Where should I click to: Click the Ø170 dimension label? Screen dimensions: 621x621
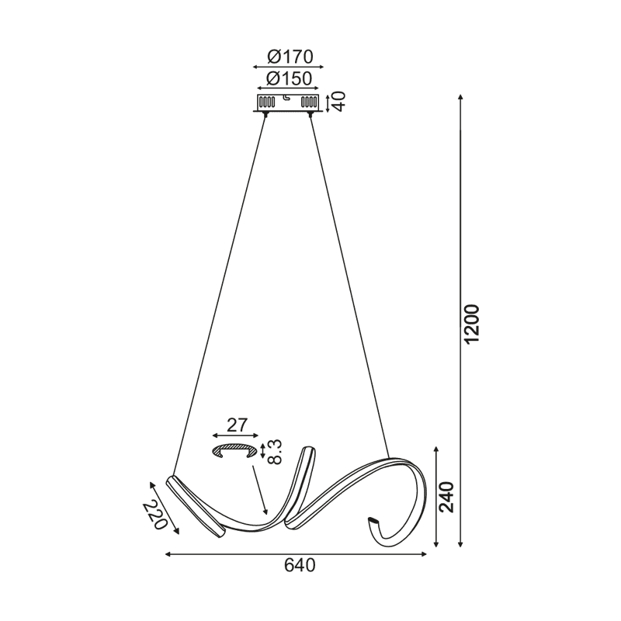pos(289,57)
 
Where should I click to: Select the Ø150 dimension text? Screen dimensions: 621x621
pos(289,78)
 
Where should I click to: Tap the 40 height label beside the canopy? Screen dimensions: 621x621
pos(340,102)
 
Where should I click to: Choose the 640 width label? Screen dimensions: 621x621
pos(300,566)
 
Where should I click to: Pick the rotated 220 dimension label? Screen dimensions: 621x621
pos(155,514)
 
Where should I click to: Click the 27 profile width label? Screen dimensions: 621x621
pos(237,425)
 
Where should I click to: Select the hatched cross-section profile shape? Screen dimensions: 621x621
pos(235,451)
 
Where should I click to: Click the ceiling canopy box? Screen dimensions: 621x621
pos(289,102)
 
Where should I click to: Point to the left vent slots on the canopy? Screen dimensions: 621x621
pos(266,102)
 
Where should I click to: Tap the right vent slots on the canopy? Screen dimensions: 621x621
pos(310,102)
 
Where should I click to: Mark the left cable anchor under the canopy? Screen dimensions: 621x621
pos(266,114)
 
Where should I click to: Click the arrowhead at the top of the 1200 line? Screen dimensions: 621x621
pos(461,98)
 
